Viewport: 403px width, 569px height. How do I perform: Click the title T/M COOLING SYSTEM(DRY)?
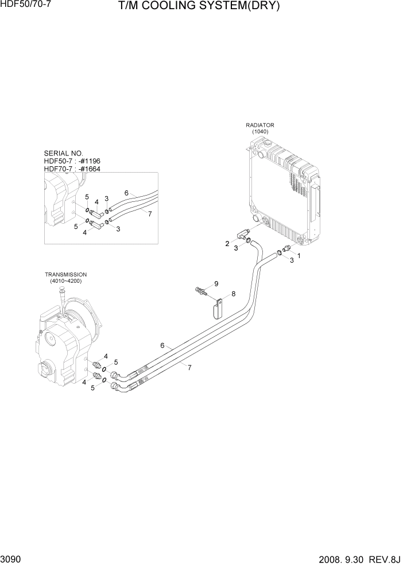coord(199,7)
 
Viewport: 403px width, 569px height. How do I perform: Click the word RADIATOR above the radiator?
coord(259,124)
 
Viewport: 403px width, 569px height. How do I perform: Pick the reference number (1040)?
coord(259,131)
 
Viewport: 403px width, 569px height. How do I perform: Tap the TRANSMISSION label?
coord(65,275)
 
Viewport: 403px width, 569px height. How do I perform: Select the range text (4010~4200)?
coord(65,282)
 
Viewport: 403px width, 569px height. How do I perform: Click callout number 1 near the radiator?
coord(298,255)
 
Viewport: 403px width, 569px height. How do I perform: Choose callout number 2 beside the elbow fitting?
coord(227,244)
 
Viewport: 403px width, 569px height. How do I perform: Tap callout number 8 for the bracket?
coord(233,294)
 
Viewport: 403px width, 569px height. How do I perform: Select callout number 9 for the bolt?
coord(216,284)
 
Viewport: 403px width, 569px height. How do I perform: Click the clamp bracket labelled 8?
coord(216,310)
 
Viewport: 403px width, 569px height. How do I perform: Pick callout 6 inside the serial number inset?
coord(126,193)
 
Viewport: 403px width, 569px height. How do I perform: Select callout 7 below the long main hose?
coord(189,368)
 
